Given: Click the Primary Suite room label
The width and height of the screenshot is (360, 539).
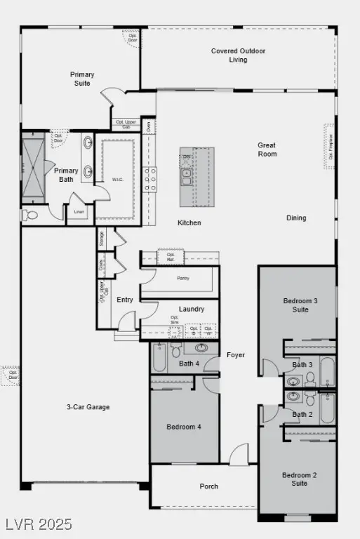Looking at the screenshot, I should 82,79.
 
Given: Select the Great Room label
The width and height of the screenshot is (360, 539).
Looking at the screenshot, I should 267,149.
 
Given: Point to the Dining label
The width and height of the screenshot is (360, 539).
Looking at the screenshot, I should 296,218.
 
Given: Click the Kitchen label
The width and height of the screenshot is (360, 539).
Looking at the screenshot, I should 189,222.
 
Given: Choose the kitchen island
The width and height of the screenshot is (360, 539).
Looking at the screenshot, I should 197,177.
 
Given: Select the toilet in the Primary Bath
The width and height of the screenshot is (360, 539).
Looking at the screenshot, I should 30,215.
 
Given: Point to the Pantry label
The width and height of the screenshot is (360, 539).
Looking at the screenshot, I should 183,278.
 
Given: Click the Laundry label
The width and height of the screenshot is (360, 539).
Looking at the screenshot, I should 192,309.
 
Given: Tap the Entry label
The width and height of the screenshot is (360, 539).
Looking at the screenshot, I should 125,300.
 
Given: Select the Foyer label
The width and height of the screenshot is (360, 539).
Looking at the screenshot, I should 236,355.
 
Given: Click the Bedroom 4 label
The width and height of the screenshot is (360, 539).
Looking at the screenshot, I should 184,427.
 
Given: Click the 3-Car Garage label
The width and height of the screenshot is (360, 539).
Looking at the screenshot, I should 88,406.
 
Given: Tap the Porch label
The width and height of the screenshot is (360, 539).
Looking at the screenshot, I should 208,486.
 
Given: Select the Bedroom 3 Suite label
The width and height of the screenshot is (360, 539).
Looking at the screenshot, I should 300,305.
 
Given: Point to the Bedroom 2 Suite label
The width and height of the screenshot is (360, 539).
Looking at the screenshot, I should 300,479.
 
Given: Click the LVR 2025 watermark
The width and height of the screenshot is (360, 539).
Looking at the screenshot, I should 39,524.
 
